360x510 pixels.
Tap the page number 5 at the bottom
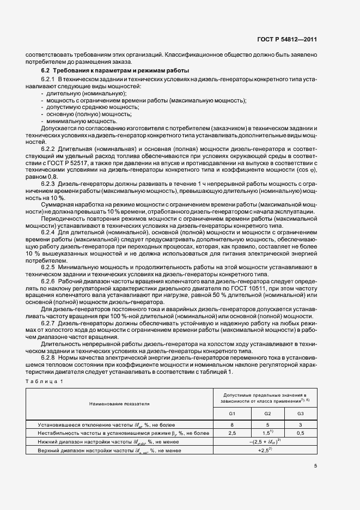coord(315,465)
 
